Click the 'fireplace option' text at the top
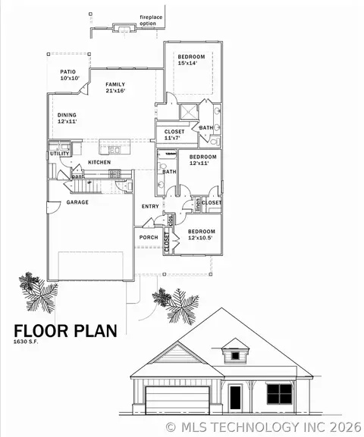(152, 19)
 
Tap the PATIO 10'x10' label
(68, 75)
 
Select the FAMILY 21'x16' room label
(115, 88)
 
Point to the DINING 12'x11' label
(67, 119)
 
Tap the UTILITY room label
(60, 154)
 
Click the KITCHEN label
(100, 163)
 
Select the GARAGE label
(77, 202)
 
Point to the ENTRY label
(150, 206)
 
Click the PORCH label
(149, 237)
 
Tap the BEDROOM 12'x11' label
(202, 161)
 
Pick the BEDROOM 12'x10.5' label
(202, 234)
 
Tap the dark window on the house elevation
(280, 393)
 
